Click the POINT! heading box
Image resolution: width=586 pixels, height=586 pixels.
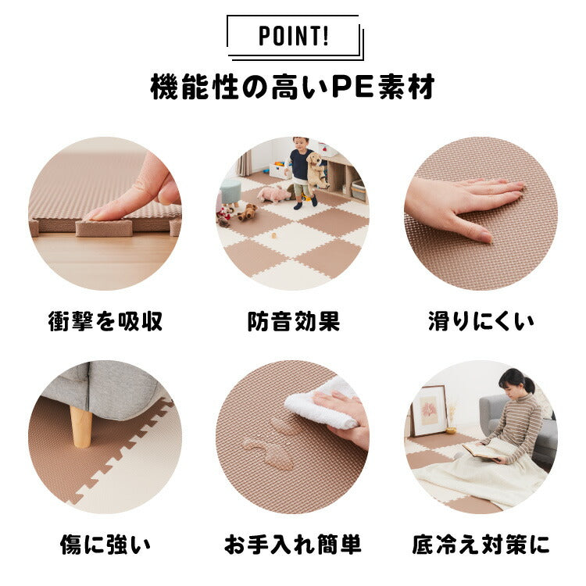(x=294, y=37)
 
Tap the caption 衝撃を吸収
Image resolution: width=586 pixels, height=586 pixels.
(x=105, y=321)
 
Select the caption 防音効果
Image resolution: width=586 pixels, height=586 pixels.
(x=293, y=321)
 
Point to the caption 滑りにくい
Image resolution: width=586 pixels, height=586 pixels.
(x=481, y=321)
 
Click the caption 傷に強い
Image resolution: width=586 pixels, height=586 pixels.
(x=105, y=545)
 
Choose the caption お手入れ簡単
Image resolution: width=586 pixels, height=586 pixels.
(x=293, y=545)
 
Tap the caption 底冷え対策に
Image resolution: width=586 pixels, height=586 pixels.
(x=481, y=545)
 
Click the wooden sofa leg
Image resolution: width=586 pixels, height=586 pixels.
(x=80, y=427)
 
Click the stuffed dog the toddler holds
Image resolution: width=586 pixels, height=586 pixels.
(x=316, y=170)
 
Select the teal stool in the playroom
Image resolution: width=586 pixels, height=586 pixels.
(x=230, y=191)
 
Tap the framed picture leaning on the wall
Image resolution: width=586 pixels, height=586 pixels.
(x=430, y=411)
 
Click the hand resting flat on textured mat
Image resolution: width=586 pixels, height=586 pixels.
(x=463, y=205)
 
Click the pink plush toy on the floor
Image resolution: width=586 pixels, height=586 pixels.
(x=273, y=194)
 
